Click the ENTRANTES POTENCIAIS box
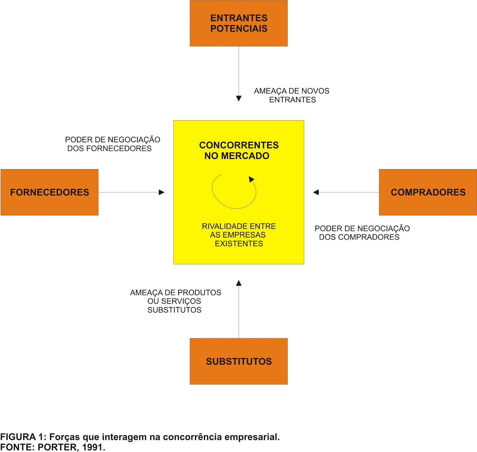click(238, 23)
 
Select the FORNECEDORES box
click(49, 192)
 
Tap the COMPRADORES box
click(428, 192)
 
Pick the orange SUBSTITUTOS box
click(238, 361)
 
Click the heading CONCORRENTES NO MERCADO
click(238, 150)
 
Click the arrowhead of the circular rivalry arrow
click(251, 179)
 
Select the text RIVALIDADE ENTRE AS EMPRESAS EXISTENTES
click(238, 235)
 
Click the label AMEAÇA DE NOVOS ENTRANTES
click(292, 95)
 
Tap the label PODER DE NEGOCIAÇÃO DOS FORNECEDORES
click(112, 144)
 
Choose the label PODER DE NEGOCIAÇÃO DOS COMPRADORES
click(362, 233)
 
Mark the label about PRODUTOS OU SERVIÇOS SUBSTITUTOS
click(175, 301)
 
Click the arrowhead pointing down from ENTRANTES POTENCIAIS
click(238, 98)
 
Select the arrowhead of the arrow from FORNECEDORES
click(162, 192)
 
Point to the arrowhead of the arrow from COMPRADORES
click(316, 192)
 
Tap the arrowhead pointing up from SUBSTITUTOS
click(238, 283)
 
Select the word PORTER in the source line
click(57, 447)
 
